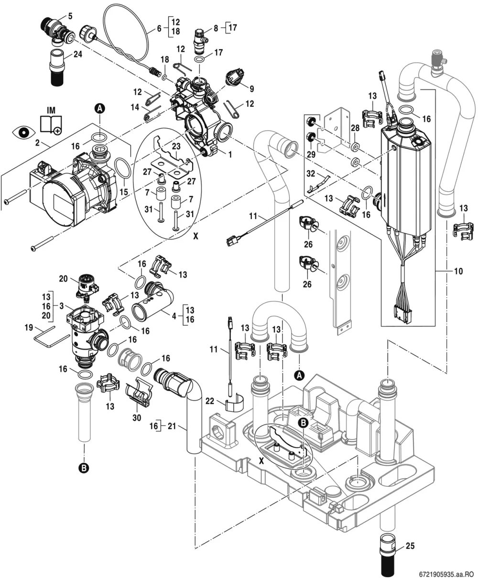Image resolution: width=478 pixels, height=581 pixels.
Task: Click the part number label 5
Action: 70,16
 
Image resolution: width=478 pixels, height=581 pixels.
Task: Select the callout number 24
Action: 77,54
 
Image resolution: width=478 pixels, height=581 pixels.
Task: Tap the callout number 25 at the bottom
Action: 410,546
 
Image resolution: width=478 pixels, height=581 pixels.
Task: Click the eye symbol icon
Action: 24,132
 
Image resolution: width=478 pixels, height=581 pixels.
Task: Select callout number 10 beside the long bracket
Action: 458,271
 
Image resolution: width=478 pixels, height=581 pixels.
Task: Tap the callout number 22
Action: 210,401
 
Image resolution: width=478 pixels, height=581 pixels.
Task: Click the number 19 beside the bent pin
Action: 29,328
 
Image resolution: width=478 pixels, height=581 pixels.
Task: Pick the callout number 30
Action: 137,418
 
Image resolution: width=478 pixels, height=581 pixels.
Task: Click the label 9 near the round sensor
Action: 251,89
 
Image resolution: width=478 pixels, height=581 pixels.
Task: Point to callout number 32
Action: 311,174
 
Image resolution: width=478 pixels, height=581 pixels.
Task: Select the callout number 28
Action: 355,128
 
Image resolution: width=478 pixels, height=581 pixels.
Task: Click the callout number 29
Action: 311,154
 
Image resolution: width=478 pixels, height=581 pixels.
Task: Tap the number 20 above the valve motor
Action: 63,279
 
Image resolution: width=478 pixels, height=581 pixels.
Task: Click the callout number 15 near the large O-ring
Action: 124,192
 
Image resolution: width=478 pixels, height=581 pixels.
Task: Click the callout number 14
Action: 135,107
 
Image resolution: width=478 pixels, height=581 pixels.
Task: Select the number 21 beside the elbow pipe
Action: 172,426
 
